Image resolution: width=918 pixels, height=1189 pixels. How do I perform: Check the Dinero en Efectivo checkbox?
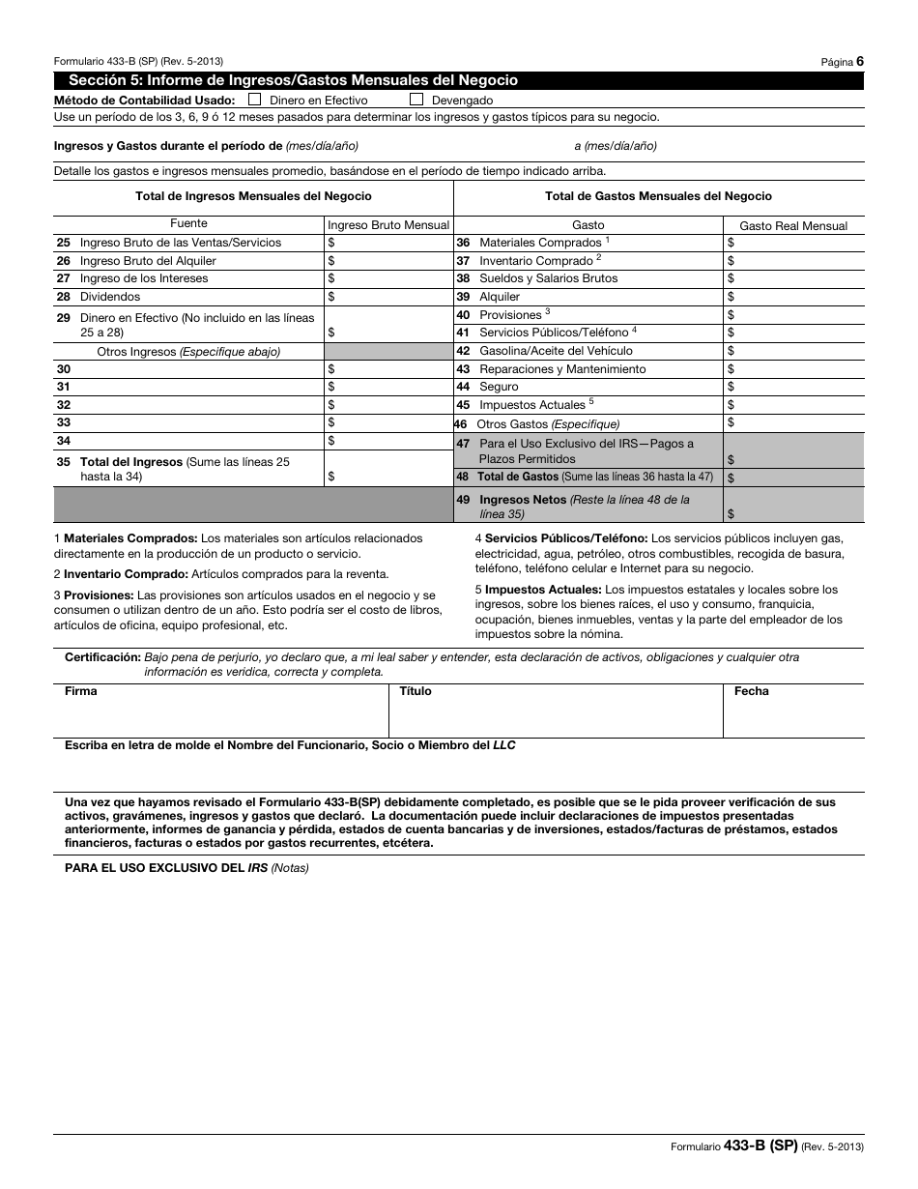(254, 99)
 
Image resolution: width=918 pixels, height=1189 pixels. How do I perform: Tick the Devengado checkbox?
(416, 99)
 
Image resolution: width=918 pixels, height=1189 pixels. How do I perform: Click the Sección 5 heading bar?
(459, 81)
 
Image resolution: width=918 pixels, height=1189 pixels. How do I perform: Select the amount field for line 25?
(388, 243)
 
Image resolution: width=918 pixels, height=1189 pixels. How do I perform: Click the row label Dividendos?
(110, 297)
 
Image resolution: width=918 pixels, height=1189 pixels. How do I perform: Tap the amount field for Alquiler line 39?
(793, 297)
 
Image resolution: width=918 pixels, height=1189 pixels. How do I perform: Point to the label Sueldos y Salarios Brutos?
(548, 278)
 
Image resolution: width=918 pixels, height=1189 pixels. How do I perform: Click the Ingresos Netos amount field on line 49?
(793, 506)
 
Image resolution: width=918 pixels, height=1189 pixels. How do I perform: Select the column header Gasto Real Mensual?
(793, 225)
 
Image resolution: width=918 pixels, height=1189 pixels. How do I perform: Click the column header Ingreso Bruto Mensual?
(388, 225)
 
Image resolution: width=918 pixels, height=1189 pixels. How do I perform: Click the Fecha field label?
(751, 691)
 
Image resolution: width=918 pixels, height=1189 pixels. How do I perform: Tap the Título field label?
(416, 691)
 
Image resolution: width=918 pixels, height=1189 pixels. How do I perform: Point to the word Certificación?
(102, 657)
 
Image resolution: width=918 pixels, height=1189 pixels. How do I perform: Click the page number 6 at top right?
(859, 61)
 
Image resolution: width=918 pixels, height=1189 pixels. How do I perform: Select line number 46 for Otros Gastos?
(460, 423)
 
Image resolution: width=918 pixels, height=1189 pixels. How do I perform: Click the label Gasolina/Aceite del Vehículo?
(556, 351)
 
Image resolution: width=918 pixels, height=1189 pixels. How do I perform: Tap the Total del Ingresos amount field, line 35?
(388, 469)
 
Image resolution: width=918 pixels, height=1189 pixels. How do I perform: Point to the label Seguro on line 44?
(499, 387)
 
